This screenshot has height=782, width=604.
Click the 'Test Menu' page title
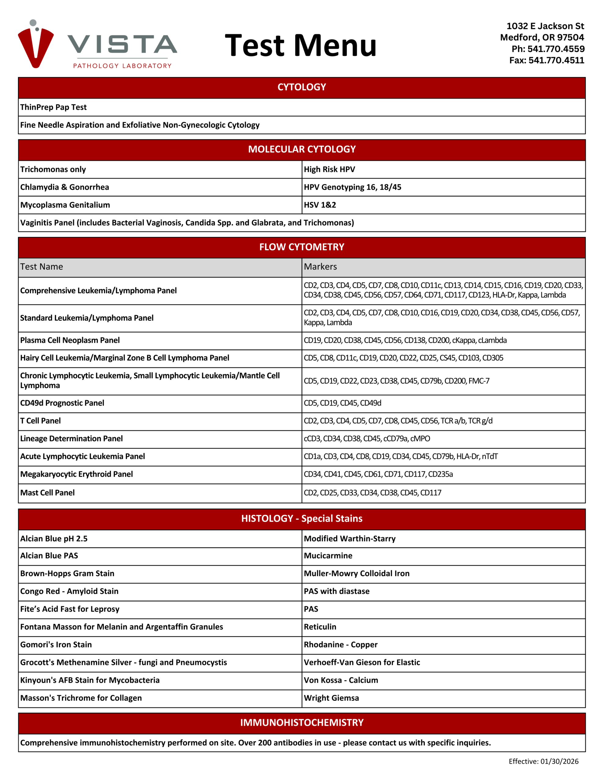[x=301, y=46]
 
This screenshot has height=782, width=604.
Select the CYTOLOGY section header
[x=301, y=87]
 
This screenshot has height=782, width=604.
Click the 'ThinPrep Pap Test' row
[x=53, y=107]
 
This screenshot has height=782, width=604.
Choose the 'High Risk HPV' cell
[x=329, y=169]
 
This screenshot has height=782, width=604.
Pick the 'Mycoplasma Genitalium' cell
[x=65, y=205]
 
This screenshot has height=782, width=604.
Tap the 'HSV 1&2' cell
[x=320, y=205]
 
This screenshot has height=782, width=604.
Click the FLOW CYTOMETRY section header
[x=301, y=247]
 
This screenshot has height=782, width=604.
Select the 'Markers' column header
[x=320, y=267]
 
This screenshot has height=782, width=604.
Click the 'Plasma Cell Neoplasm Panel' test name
[x=70, y=340]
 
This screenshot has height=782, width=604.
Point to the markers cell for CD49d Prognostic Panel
[x=342, y=403]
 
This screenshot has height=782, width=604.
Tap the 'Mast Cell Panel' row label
[x=47, y=493]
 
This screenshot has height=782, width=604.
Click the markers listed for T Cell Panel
[x=398, y=421]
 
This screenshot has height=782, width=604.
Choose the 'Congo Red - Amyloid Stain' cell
[x=69, y=591]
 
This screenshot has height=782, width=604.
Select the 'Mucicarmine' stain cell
[x=328, y=556]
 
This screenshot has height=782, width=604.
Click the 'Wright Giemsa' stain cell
[x=331, y=698]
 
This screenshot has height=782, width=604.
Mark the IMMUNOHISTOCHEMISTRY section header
[x=301, y=722]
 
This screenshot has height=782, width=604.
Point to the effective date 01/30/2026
[x=543, y=761]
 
